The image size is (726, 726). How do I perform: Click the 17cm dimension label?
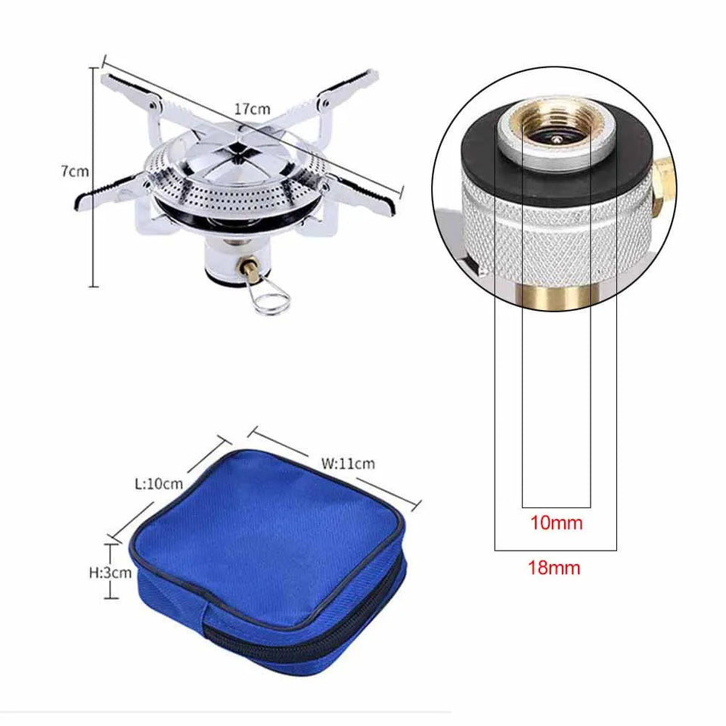[x=252, y=109]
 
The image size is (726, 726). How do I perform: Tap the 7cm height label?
[x=75, y=172]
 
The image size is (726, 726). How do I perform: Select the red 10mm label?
[x=556, y=523]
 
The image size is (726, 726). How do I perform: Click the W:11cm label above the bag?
[x=349, y=464]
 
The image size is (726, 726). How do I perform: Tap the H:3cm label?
[x=110, y=572]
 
